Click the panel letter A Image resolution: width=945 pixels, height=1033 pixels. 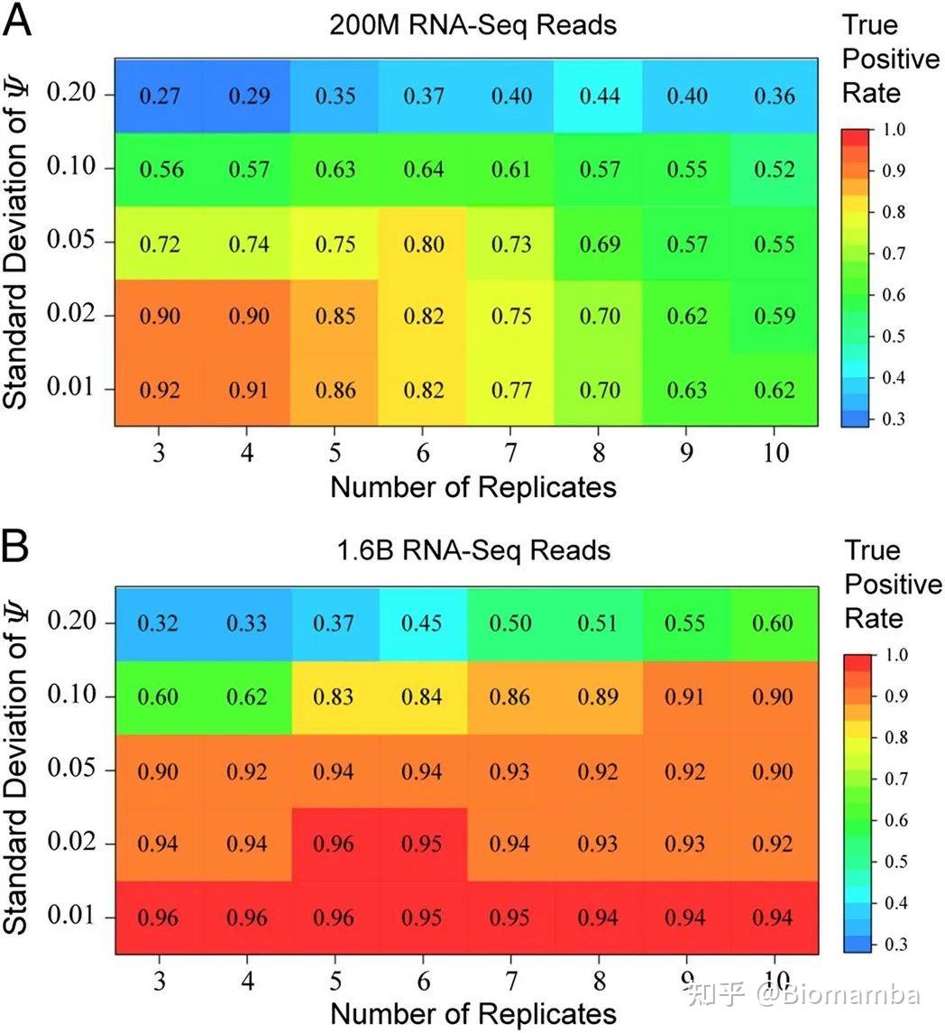click(x=17, y=20)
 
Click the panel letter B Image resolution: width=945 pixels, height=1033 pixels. click(x=16, y=546)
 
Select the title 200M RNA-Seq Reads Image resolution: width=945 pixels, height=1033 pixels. click(x=472, y=25)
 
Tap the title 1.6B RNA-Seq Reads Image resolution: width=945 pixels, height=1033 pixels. click(x=473, y=550)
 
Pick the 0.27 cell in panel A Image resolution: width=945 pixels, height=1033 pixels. click(x=159, y=97)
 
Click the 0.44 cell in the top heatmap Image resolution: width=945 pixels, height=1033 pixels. click(x=599, y=97)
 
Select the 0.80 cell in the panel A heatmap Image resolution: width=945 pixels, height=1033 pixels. click(x=423, y=244)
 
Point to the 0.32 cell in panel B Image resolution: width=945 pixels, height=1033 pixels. click(x=159, y=623)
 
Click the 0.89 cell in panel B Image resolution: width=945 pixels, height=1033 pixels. click(x=599, y=697)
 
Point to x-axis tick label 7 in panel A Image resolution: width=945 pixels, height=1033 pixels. click(x=510, y=453)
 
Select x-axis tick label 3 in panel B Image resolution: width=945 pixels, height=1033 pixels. click(x=160, y=981)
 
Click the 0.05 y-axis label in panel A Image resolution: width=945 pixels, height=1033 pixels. click(x=71, y=239)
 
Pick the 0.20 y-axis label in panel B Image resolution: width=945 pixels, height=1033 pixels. click(x=72, y=620)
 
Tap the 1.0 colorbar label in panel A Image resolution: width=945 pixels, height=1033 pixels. click(x=894, y=129)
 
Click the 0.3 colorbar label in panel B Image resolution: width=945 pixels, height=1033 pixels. click(x=895, y=944)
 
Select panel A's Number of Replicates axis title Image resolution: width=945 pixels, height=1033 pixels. click(x=472, y=487)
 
